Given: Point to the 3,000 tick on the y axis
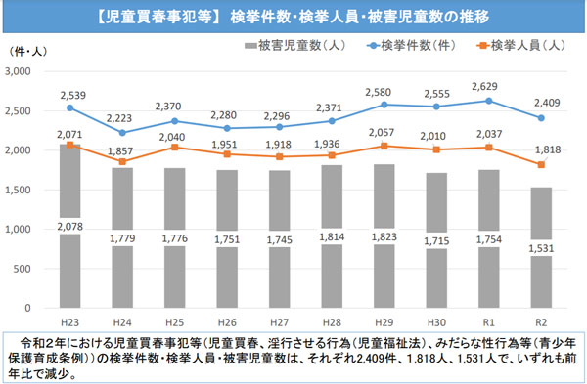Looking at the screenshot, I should [x=20, y=72].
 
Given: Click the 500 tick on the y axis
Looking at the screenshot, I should [x=25, y=269].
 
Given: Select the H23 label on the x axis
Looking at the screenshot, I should [x=69, y=320].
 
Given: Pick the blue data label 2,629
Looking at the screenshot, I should [x=494, y=86].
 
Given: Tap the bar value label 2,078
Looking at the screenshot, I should [x=69, y=227].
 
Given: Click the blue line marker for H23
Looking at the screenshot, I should [x=69, y=108].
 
